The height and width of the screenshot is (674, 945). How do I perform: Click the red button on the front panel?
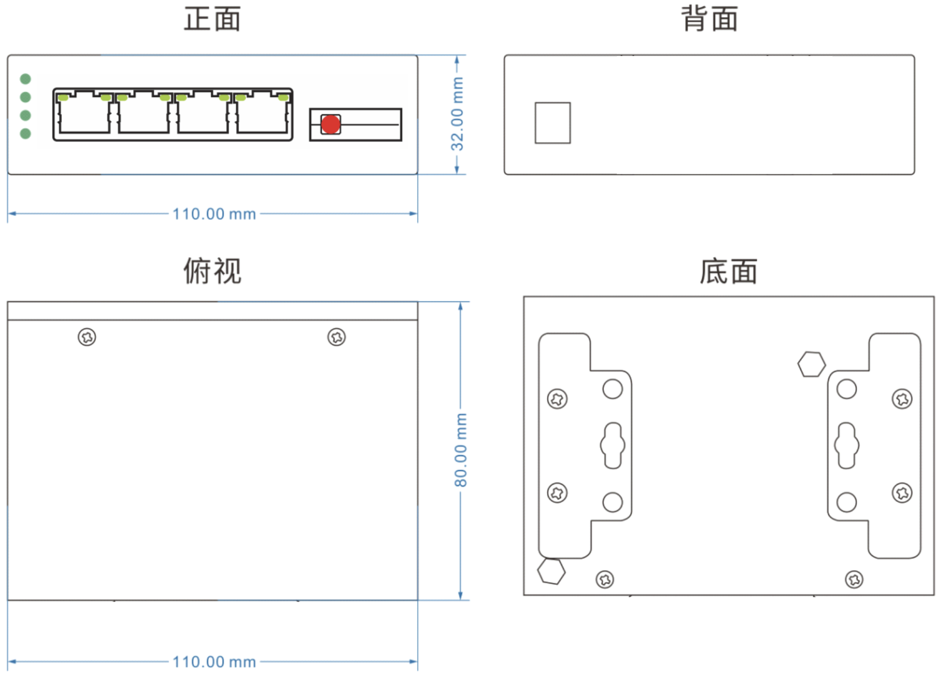[331, 124]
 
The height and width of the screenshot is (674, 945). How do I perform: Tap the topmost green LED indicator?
[25, 79]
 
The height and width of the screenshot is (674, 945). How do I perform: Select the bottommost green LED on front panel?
[25, 133]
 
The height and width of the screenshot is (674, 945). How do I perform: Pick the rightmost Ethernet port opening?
[263, 113]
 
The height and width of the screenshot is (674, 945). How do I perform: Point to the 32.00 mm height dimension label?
[457, 114]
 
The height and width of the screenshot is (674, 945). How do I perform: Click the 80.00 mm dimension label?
[460, 450]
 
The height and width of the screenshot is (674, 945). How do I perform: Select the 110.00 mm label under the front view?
[214, 214]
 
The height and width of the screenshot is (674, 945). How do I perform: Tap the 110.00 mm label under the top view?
[214, 662]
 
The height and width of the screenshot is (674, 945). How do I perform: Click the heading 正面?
[212, 19]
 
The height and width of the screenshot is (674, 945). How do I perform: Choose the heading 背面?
[710, 19]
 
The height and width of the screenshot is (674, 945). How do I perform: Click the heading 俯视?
[212, 271]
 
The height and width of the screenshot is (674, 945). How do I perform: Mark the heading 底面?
[729, 271]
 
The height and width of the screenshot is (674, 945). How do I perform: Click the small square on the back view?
[553, 123]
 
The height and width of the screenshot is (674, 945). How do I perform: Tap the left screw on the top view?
[87, 337]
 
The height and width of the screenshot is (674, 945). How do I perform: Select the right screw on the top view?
[337, 337]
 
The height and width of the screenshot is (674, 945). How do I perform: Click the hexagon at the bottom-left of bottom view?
[551, 572]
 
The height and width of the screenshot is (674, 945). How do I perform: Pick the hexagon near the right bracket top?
[812, 364]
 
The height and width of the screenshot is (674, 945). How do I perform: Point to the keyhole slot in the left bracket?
[613, 446]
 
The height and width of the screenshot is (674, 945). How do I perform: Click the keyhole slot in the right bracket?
[847, 446]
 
